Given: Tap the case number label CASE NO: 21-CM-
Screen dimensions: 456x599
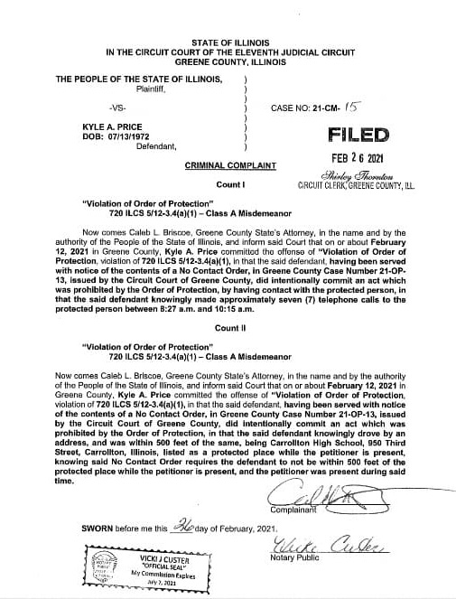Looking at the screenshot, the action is point(303,108).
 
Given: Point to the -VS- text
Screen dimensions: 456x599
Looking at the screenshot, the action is point(116,108).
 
